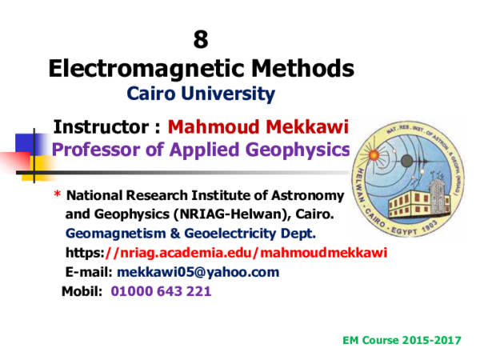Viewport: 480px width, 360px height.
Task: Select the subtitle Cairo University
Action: (x=201, y=94)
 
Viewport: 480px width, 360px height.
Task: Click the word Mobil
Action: (x=82, y=291)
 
